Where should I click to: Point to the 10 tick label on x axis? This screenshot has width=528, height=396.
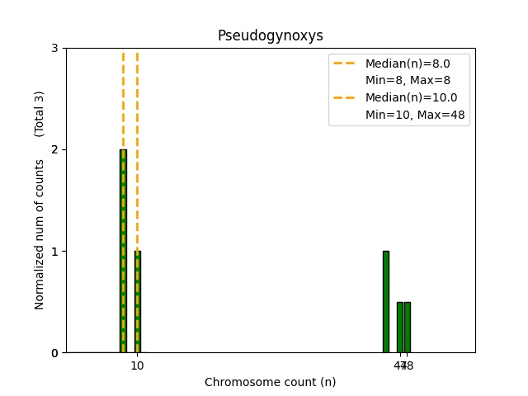coord(137,365)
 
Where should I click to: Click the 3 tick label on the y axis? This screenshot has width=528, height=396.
coord(54,48)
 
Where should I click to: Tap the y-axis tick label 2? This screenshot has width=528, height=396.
coord(54,149)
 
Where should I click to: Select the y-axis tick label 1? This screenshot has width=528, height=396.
coord(54,252)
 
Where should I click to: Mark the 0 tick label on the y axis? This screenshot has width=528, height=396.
coord(54,353)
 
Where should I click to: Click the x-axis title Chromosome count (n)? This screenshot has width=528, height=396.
coord(270,382)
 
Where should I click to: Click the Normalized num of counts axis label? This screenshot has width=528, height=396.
coord(40,234)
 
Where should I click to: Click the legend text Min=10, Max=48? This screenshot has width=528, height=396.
coord(417,115)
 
